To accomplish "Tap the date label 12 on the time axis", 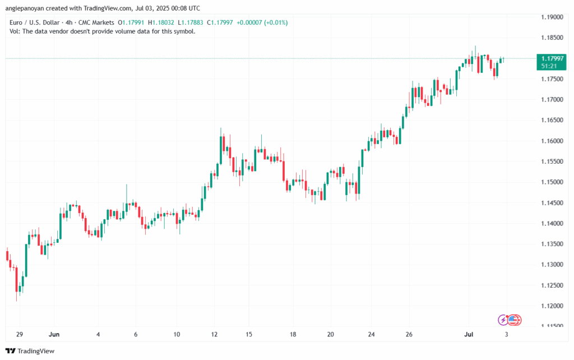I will point(215,334).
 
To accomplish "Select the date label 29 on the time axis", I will point(20,334).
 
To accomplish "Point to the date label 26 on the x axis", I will point(409,334).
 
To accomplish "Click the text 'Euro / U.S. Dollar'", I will point(35,22).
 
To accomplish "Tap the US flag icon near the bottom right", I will point(515,320).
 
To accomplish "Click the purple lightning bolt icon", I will point(503,320).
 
